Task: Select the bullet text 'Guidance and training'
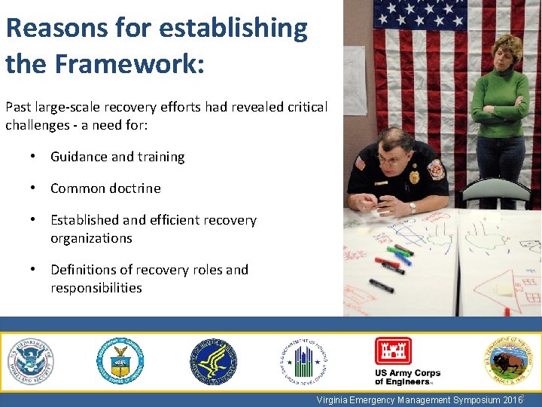117,157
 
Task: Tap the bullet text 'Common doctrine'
105,188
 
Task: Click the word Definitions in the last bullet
84,270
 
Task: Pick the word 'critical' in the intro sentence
307,107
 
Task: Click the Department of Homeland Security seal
31,361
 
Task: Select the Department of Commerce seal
120,361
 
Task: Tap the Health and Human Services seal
212,361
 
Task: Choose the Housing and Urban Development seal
304,361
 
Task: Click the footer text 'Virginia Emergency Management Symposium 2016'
419,400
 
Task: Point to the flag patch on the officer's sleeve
359,163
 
